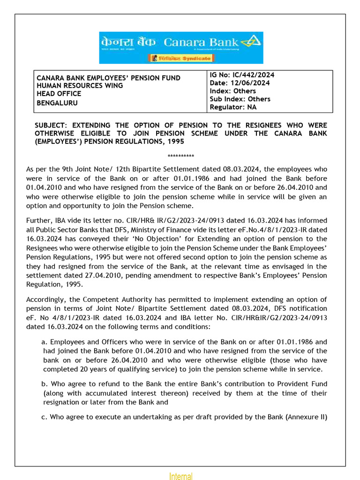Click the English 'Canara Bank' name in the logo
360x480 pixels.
(201, 43)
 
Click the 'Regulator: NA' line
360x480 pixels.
(233, 107)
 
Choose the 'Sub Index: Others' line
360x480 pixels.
(240, 99)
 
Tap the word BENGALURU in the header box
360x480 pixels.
(58, 103)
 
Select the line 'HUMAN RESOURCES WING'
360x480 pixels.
(80, 86)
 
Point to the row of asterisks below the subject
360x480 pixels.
(180, 156)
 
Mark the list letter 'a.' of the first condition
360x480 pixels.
(45, 342)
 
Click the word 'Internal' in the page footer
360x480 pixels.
(180, 477)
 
